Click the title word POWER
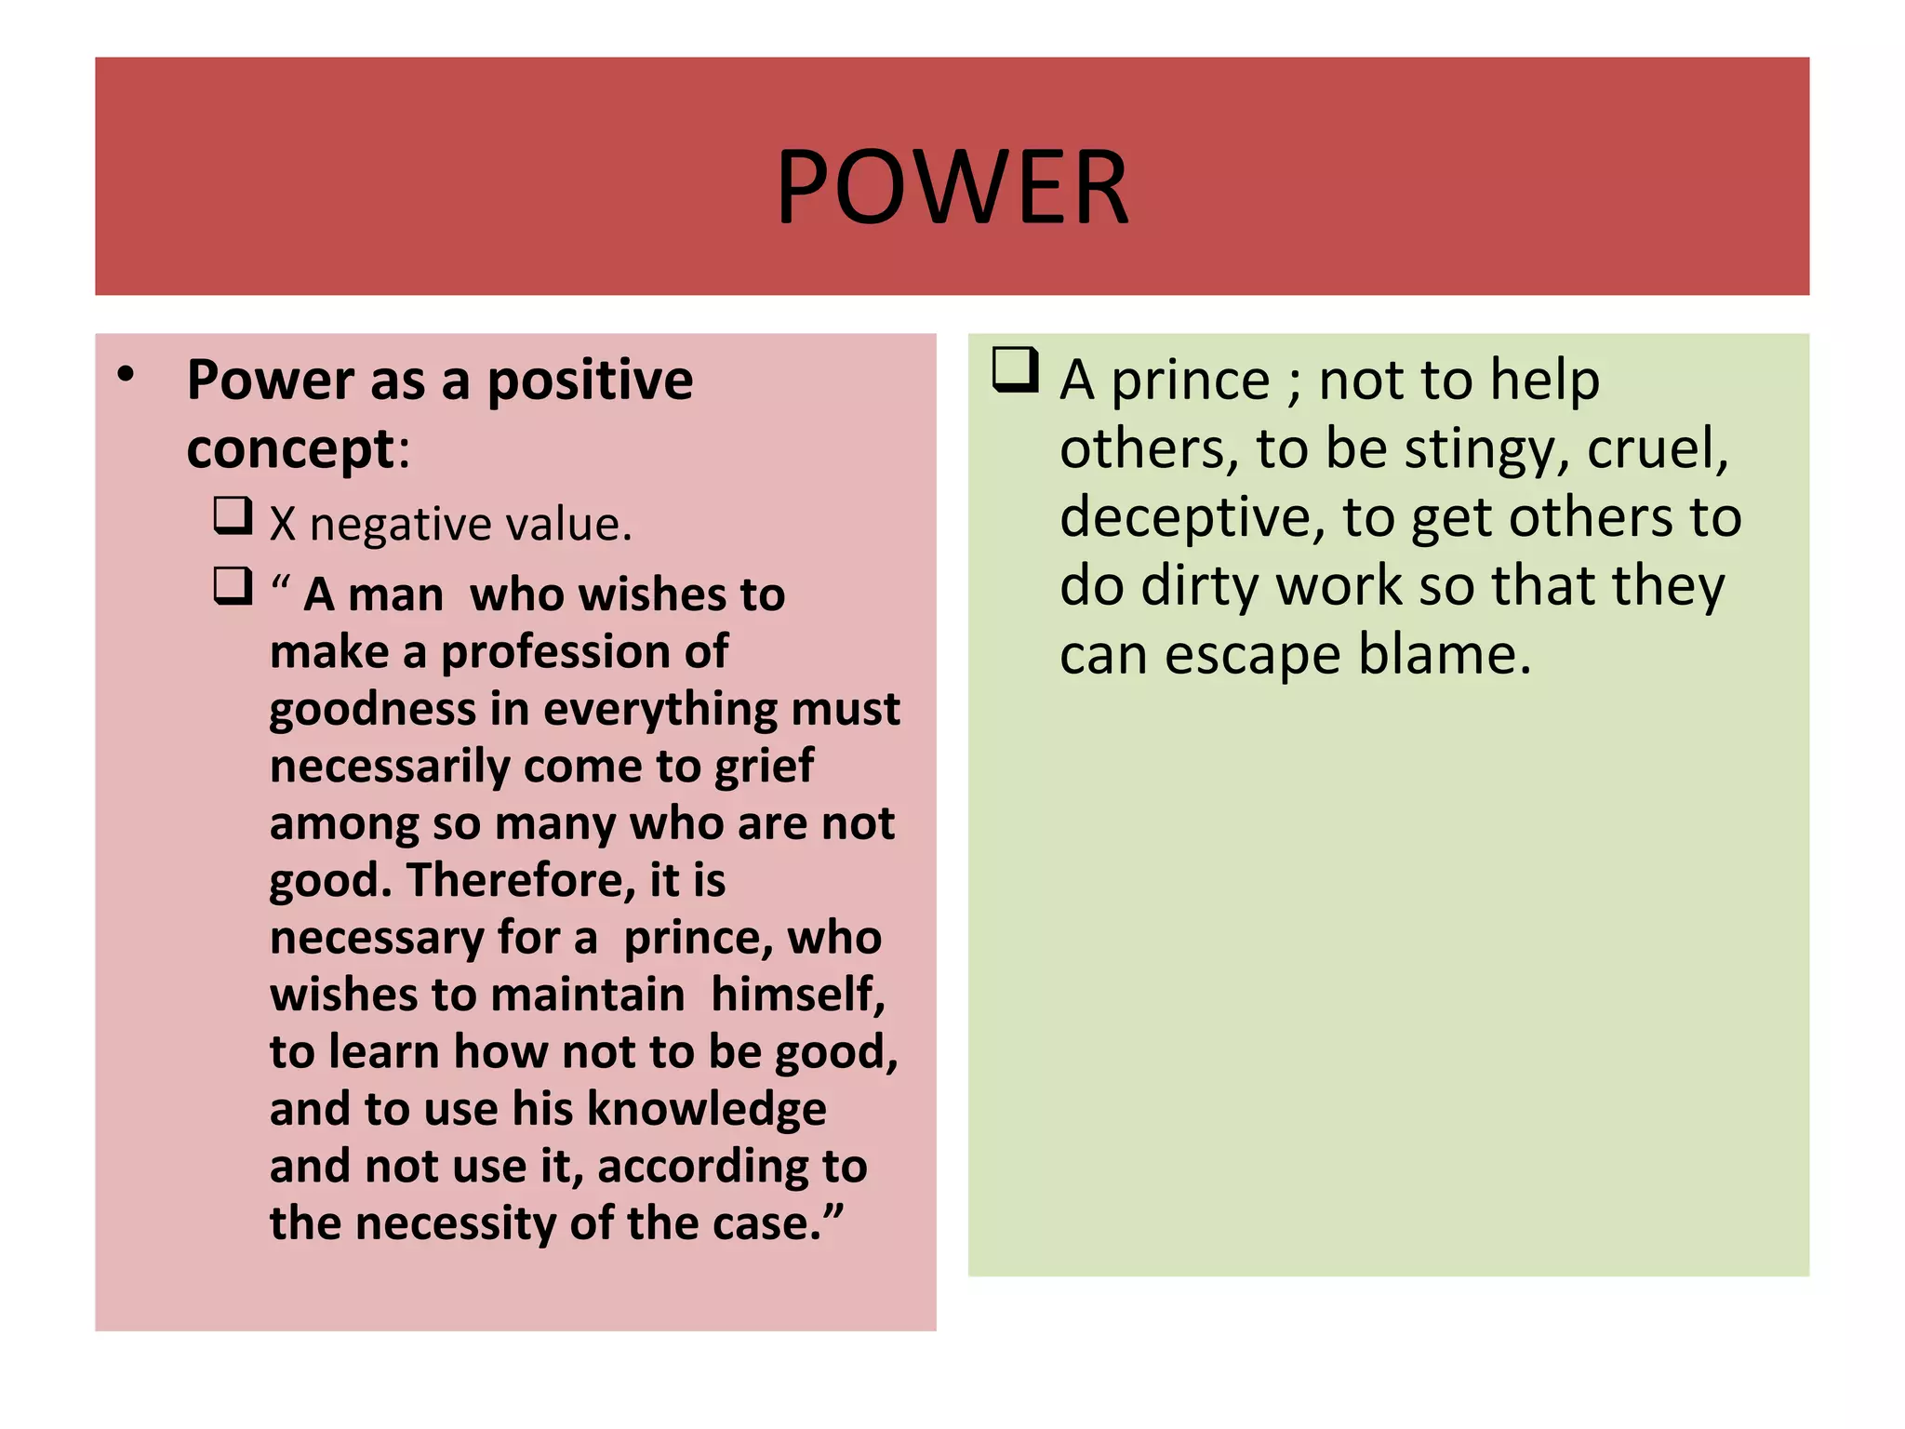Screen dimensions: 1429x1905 pyautogui.click(x=952, y=188)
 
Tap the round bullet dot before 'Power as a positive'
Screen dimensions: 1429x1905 pyautogui.click(x=127, y=375)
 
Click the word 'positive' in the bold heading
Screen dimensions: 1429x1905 pyautogui.click(x=590, y=381)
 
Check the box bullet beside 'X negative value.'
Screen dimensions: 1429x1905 pyautogui.click(x=233, y=515)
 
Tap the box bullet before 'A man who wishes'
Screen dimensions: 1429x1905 pyautogui.click(x=233, y=586)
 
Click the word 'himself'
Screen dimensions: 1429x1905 pyautogui.click(x=797, y=995)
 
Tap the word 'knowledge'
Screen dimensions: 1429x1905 pyautogui.click(x=706, y=1109)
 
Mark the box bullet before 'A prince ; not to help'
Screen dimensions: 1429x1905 pyautogui.click(x=1015, y=369)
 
